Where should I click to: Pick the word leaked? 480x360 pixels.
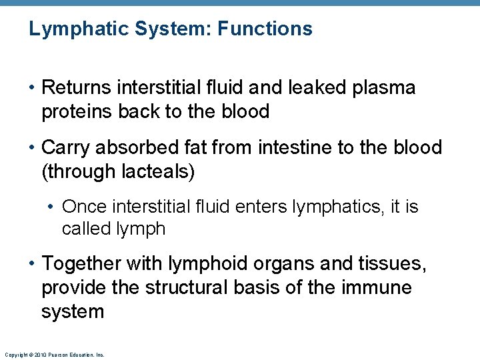point(311,87)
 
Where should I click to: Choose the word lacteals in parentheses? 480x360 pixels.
point(158,171)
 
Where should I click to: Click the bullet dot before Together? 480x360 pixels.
point(32,265)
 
